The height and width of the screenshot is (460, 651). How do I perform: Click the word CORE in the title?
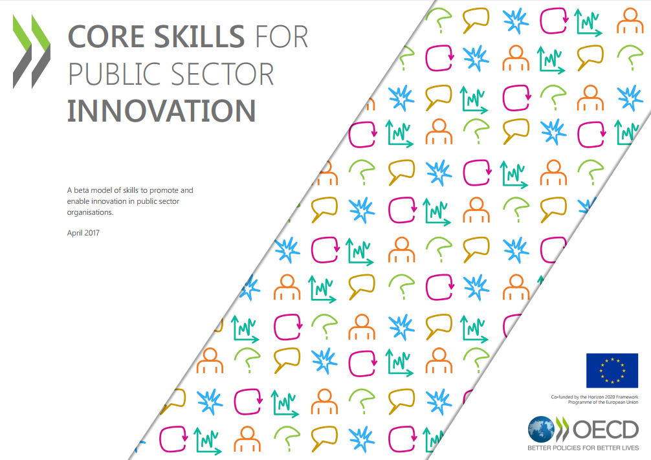click(x=105, y=36)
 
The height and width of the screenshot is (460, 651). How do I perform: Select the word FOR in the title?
click(x=281, y=36)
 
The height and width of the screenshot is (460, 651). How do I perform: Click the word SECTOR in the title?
click(x=222, y=74)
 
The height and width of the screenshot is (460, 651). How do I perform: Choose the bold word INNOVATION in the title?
click(x=161, y=111)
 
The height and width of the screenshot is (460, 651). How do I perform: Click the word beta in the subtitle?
click(x=81, y=190)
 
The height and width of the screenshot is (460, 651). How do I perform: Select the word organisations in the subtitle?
click(x=90, y=213)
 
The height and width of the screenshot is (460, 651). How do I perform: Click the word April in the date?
click(x=74, y=233)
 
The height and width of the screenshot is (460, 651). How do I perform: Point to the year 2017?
click(x=92, y=233)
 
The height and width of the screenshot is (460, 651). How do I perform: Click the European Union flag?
click(x=612, y=370)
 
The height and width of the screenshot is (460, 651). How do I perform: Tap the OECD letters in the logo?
click(x=606, y=430)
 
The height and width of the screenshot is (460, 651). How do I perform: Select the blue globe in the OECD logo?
click(x=542, y=430)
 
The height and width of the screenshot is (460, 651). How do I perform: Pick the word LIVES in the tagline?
click(x=630, y=448)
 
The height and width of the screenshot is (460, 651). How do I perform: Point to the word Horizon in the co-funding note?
click(x=595, y=397)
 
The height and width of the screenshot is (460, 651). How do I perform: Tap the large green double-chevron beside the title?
click(x=32, y=52)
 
